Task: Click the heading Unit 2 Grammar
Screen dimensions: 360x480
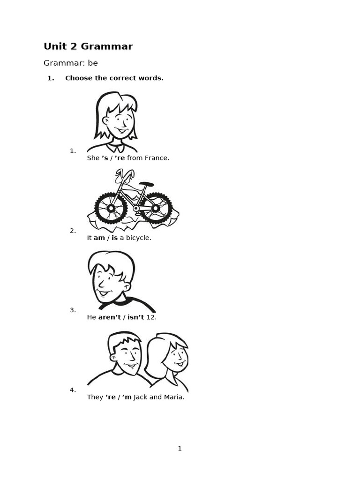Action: coord(88,46)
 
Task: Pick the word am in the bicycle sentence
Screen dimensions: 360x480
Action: coord(99,238)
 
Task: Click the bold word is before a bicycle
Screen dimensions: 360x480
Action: coord(114,238)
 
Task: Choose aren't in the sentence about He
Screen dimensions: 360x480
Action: coord(109,317)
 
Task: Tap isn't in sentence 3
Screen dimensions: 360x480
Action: coord(135,317)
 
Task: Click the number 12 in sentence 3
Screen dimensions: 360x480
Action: coord(151,317)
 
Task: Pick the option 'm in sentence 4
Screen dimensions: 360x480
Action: coord(127,397)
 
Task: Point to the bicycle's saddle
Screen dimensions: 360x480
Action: coord(146,184)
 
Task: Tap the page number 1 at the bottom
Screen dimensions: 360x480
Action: coord(180,449)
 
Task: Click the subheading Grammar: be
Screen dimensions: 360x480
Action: coord(70,63)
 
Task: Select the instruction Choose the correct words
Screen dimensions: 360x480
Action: coord(114,78)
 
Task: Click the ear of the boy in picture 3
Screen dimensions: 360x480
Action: coord(127,285)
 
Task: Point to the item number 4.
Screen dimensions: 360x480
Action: coord(73,390)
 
